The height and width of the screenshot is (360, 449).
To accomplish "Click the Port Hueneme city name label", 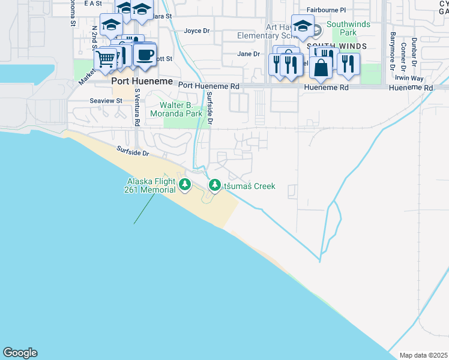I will (x=141, y=81).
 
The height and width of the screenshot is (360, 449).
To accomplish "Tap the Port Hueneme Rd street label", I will (x=208, y=86).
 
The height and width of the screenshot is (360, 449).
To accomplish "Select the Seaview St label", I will (x=106, y=101).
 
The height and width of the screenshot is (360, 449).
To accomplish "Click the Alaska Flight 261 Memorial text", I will (x=151, y=185).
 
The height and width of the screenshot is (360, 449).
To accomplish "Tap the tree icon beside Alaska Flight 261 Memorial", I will (x=186, y=185).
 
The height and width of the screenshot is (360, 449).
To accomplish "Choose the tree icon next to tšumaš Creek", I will (x=214, y=185).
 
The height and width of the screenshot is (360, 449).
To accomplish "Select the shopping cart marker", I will (x=106, y=59).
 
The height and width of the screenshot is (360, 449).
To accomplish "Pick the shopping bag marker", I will (x=321, y=68).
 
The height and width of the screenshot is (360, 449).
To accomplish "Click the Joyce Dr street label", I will (x=196, y=31).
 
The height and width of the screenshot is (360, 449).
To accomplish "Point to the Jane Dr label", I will (x=248, y=53).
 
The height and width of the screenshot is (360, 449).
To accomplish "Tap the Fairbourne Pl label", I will (x=326, y=10).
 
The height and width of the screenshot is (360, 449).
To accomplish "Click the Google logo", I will (x=20, y=353).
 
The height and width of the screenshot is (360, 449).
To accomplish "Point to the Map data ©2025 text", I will (x=423, y=355).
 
